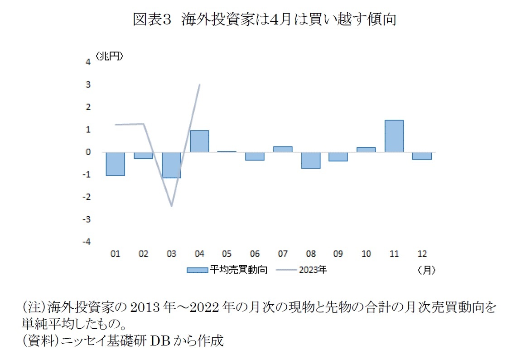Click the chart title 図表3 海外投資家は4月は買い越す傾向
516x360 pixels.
pyautogui.click(x=264, y=19)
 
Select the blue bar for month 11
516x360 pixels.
pyautogui.click(x=394, y=136)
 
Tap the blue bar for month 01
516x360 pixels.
pyautogui.click(x=116, y=164)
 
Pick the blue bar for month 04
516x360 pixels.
pyautogui.click(x=199, y=141)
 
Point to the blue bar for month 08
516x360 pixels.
pyautogui.click(x=311, y=160)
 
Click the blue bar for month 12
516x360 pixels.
pyautogui.click(x=422, y=156)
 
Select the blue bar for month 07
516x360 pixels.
pyautogui.click(x=283, y=149)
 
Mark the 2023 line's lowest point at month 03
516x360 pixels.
pyautogui.click(x=172, y=206)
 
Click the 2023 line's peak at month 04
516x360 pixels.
pyautogui.click(x=199, y=85)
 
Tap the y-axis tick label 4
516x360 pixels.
pyautogui.click(x=88, y=63)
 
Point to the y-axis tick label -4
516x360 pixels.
pyautogui.click(x=87, y=242)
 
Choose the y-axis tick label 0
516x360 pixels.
pyautogui.click(x=88, y=152)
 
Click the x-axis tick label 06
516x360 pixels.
pyautogui.click(x=255, y=254)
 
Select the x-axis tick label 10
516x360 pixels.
pyautogui.click(x=366, y=254)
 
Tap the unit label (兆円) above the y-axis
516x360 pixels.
pyautogui.click(x=110, y=56)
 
